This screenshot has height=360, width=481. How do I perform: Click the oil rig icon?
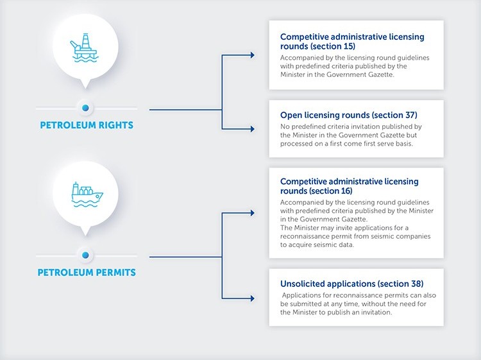[85, 50]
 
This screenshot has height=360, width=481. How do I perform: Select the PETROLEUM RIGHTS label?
[85, 125]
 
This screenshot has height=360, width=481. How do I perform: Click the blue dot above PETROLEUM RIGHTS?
[85, 107]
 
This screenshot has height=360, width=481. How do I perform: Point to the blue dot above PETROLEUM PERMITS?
[85, 253]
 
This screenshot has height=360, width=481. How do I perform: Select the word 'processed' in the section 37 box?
[300, 144]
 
